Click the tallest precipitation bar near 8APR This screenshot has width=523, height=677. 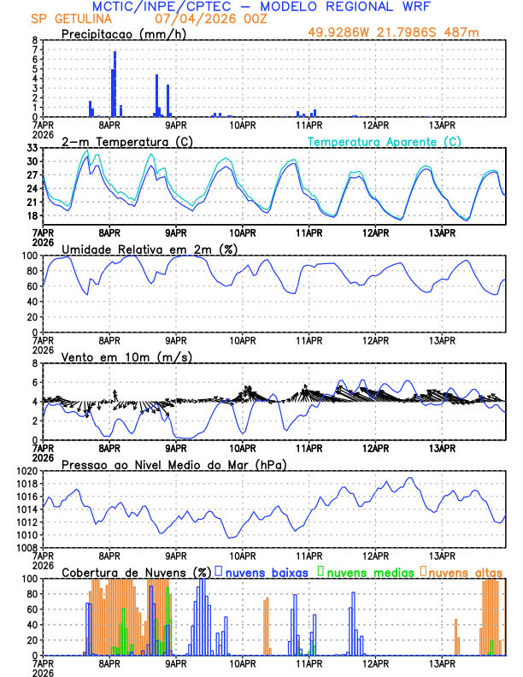click(x=115, y=84)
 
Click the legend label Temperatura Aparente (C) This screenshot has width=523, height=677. click(x=385, y=141)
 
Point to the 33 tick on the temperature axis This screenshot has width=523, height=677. click(x=32, y=148)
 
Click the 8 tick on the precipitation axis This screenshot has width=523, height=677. click(x=35, y=40)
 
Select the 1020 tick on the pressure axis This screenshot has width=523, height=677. click(x=26, y=471)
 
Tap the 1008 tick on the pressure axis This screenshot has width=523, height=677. click(x=26, y=547)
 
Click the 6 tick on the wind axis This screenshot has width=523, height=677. click(x=35, y=383)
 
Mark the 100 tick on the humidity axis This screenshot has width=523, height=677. click(x=30, y=256)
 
